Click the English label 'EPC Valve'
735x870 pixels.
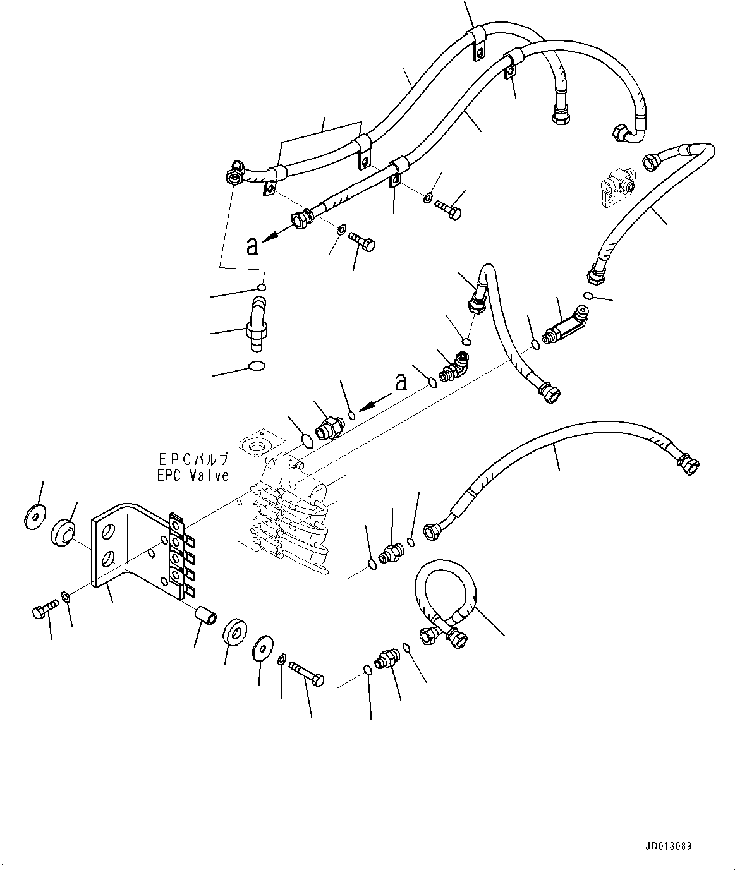pos(193,476)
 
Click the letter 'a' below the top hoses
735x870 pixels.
pos(253,246)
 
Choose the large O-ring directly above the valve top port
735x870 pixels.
pos(257,366)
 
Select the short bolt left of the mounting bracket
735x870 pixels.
pos(44,610)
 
